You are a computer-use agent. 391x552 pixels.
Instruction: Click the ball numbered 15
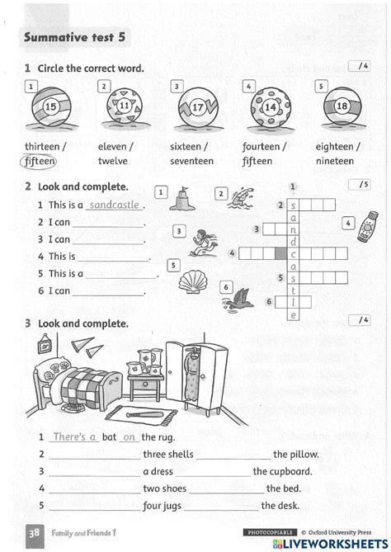coord(49,107)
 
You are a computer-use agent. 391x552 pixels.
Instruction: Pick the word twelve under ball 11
coord(113,162)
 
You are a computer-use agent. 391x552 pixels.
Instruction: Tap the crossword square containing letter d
coord(293,242)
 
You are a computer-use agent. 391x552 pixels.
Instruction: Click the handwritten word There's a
coord(73,437)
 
